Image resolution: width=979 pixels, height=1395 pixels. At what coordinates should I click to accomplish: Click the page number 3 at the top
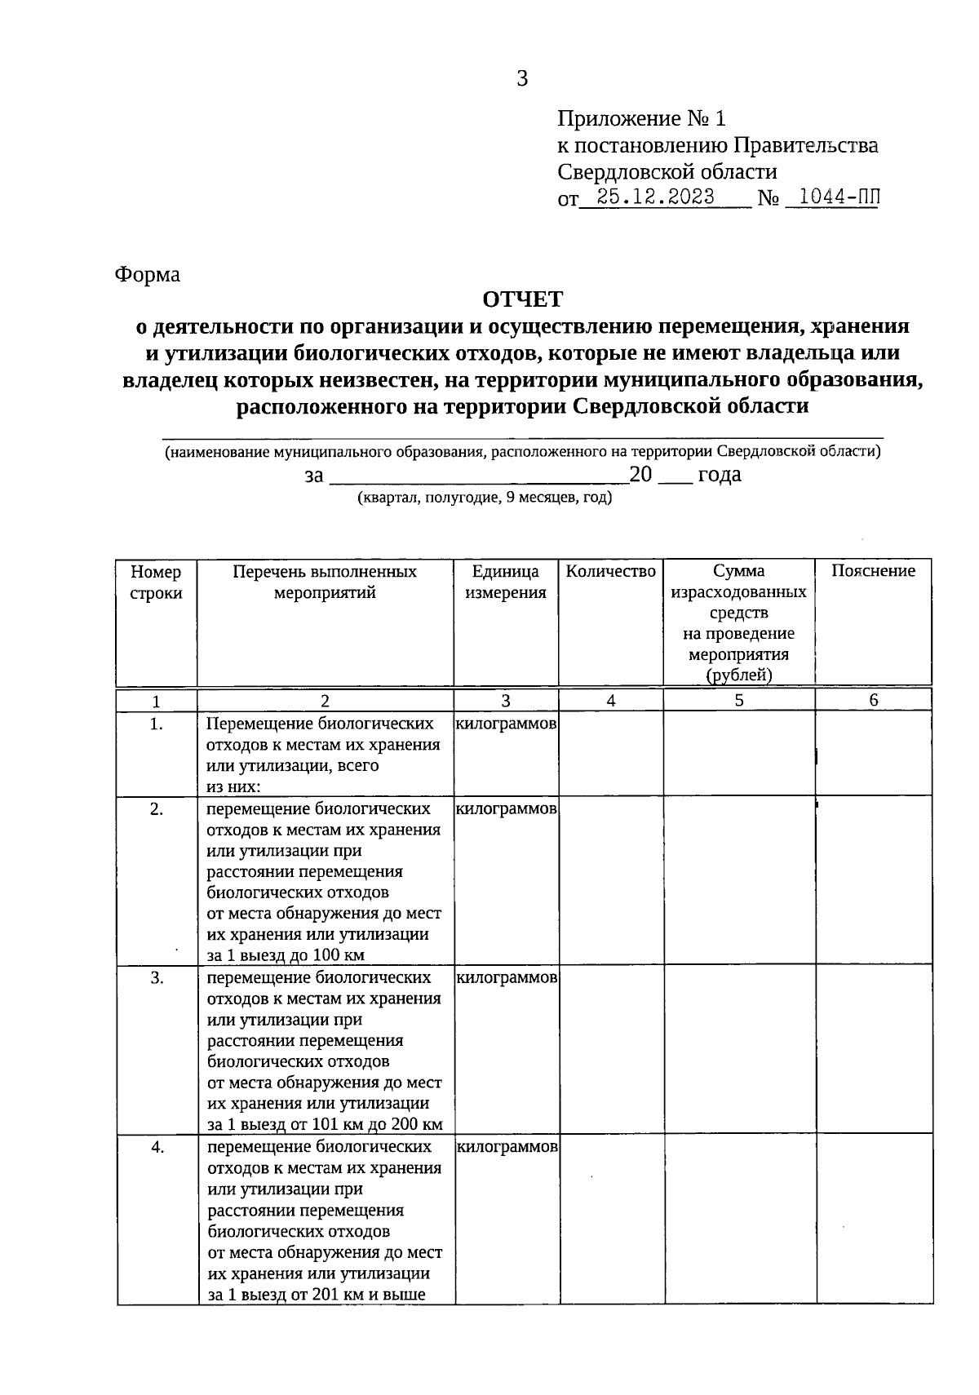[x=522, y=78]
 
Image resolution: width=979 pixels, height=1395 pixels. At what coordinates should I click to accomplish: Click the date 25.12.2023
[x=655, y=197]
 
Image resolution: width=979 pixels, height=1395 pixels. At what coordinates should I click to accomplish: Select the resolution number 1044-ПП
[x=831, y=197]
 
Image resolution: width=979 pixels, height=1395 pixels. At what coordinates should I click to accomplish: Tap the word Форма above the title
[x=147, y=274]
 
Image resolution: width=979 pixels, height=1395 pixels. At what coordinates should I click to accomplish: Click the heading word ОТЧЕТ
[x=522, y=299]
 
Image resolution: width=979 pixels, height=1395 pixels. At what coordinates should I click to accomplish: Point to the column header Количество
[x=610, y=571]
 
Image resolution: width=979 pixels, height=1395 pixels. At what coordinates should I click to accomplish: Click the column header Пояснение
[x=873, y=571]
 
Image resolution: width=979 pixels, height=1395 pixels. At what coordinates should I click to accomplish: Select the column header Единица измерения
[x=506, y=582]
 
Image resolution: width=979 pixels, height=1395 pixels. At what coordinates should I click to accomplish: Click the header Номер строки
[x=156, y=582]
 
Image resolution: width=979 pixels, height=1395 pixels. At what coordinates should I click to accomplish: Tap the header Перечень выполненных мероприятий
[x=325, y=582]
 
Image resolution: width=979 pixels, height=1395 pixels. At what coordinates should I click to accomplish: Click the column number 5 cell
[x=738, y=700]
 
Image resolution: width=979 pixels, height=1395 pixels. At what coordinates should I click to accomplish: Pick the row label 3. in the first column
[x=157, y=977]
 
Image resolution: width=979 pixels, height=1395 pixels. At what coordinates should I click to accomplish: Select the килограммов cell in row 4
[x=507, y=1147]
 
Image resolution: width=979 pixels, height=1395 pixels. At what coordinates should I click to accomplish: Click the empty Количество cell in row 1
[x=610, y=753]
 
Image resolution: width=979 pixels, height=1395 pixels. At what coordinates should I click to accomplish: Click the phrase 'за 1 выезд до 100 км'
[x=286, y=955]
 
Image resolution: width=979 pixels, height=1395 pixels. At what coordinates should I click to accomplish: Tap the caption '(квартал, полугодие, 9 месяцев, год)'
[x=485, y=498]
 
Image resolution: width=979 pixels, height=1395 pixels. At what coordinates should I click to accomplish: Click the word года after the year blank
[x=719, y=475]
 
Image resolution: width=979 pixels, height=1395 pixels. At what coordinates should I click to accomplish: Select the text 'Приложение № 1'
[x=640, y=119]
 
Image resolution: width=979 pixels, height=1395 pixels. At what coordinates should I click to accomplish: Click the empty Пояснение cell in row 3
[x=873, y=1049]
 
